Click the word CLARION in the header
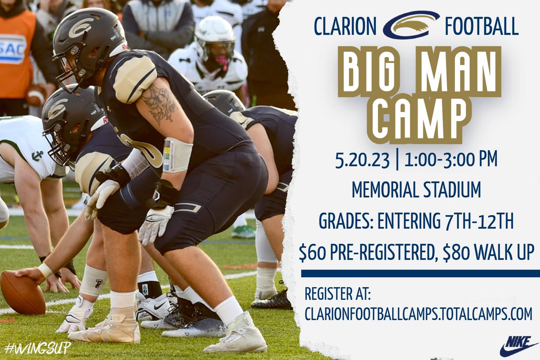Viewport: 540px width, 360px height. pos(345,27)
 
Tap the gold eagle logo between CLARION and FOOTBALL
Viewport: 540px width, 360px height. pos(411,25)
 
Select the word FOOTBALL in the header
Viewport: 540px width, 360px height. pos(481,27)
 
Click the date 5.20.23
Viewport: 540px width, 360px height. pos(363,160)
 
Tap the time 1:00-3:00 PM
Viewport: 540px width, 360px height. pos(450,160)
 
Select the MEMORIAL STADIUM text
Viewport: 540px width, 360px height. pos(416,190)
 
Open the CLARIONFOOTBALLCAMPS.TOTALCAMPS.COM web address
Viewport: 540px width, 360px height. pos(418,314)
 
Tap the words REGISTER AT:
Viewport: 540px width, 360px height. pos(337,294)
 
